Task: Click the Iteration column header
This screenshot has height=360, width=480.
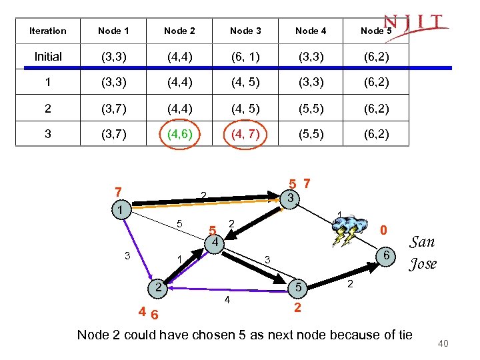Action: pos(48,31)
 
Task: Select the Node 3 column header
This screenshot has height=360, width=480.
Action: pos(245,31)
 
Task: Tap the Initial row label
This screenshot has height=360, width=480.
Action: pos(48,57)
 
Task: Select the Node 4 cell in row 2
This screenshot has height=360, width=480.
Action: pos(311,109)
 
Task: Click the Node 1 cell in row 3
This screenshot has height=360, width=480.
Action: pos(114,135)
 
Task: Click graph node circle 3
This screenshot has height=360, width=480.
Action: pos(289,198)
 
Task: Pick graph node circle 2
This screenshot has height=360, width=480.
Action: pos(157,288)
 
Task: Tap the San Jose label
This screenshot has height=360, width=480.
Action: pos(423,253)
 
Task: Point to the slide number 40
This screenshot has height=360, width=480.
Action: pos(443,343)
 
